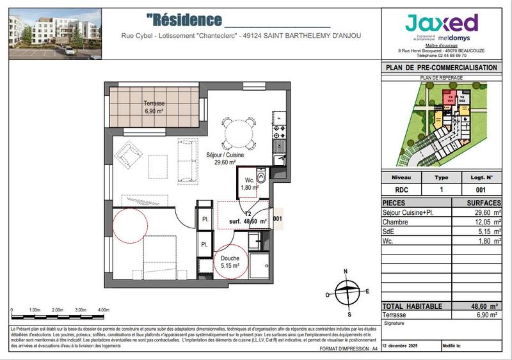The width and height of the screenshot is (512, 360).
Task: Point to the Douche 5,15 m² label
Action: click(230, 262)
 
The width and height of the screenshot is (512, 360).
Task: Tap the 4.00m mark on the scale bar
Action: click(103, 309)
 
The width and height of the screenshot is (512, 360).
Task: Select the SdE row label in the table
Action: click(389, 231)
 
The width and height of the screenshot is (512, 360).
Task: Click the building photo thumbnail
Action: click(54, 33)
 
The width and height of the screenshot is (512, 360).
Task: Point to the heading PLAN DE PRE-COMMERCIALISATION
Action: click(442, 68)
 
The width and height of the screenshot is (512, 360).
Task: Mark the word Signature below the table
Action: click(394, 324)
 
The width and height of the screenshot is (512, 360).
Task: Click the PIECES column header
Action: click(395, 203)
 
